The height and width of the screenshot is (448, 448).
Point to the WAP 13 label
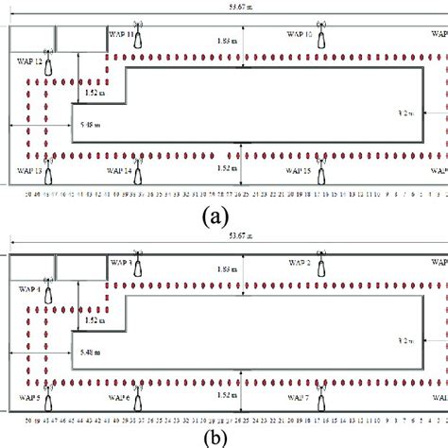point(29,171)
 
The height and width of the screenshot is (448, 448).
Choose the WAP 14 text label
point(116,171)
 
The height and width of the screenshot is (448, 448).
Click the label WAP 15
point(299,171)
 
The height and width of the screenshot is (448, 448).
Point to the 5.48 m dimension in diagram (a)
point(89,123)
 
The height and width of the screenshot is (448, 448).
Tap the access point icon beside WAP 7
point(322,401)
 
